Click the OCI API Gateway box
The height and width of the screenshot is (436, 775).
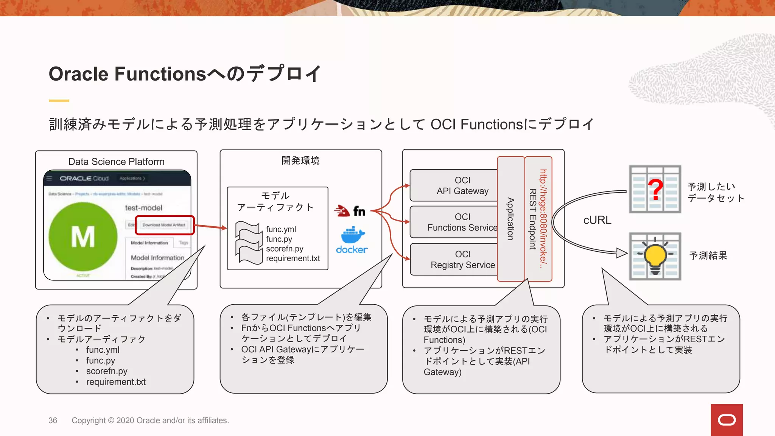454,185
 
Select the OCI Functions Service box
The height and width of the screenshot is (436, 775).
454,222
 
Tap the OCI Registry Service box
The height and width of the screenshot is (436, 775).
454,259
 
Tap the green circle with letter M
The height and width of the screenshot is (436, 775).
83,237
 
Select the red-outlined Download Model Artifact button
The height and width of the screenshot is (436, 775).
164,225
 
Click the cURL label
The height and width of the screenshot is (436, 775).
597,220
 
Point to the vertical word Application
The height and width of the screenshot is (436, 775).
510,219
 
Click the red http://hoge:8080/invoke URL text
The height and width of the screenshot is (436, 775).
543,219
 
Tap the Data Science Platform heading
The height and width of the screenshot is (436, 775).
117,162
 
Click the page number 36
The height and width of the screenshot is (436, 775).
53,420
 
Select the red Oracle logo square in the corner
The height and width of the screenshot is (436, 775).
727,420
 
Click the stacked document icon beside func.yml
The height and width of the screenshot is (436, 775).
249,242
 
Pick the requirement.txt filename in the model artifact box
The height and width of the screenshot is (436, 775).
293,258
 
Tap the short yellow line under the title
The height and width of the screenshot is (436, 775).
59,101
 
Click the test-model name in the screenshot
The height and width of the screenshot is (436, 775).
143,208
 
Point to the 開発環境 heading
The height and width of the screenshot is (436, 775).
300,160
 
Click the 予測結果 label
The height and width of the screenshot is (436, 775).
708,255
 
